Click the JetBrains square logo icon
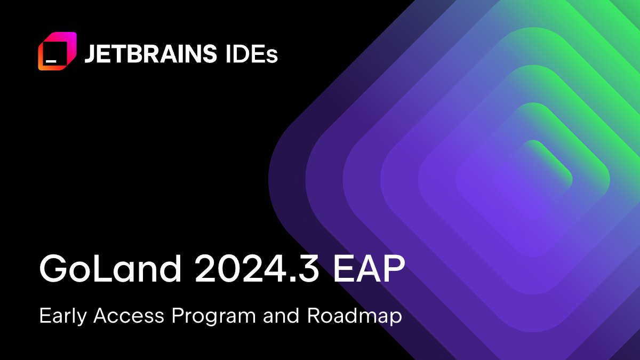pyautogui.click(x=57, y=51)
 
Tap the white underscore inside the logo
pyautogui.click(x=51, y=61)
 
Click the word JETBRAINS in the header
pyautogui.click(x=151, y=53)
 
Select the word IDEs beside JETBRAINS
pyautogui.click(x=251, y=53)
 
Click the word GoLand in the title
pyautogui.click(x=110, y=268)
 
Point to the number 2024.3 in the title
pyautogui.click(x=257, y=268)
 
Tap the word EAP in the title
pyautogui.click(x=369, y=268)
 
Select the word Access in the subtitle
pyautogui.click(x=129, y=315)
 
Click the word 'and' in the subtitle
pyautogui.click(x=281, y=315)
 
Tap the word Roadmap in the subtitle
pyautogui.click(x=355, y=316)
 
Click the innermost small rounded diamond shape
pyautogui.click(x=533, y=180)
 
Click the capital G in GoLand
pyautogui.click(x=53, y=268)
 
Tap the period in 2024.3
pyautogui.click(x=290, y=279)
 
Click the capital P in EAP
pyautogui.click(x=395, y=268)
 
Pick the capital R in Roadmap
pyautogui.click(x=315, y=315)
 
